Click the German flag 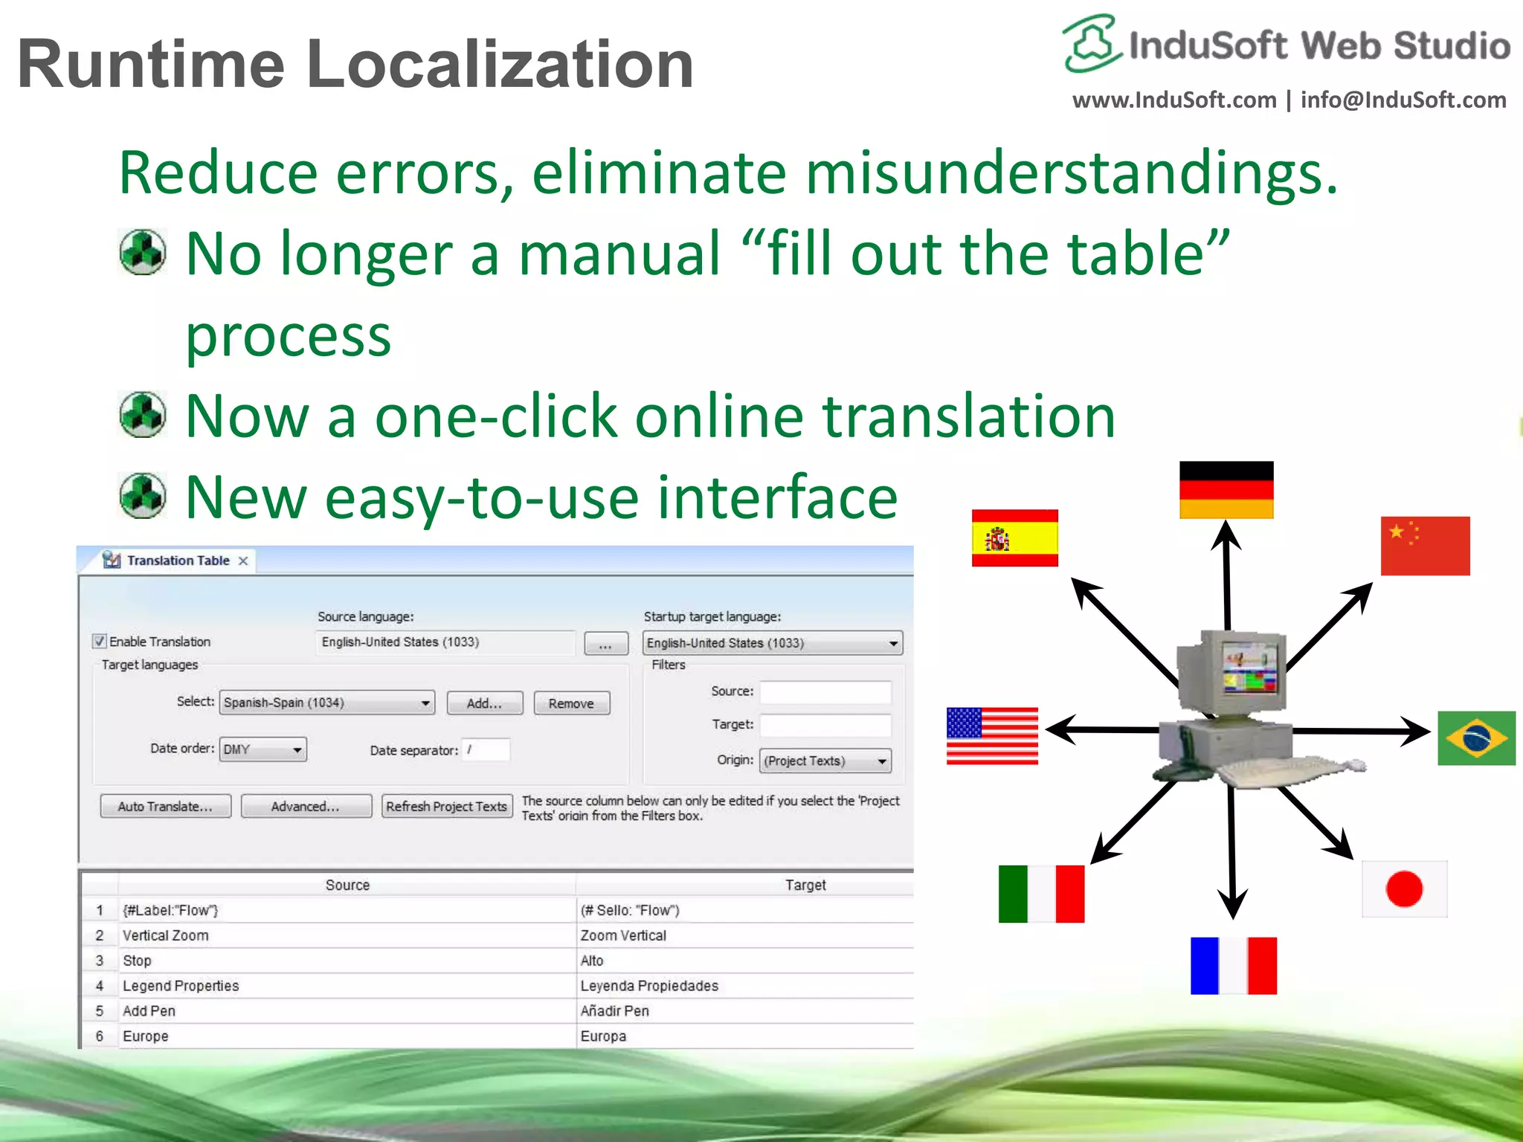click(x=1226, y=490)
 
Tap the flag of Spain click(x=1014, y=538)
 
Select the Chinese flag click(x=1425, y=546)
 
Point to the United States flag click(x=992, y=735)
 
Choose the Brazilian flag click(x=1476, y=738)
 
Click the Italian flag click(x=1041, y=893)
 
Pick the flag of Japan click(x=1404, y=889)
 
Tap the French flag click(x=1233, y=965)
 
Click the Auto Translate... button click(x=165, y=806)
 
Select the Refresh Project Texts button click(x=446, y=806)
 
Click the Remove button click(x=571, y=703)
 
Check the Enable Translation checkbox click(x=100, y=641)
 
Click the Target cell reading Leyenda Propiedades click(x=649, y=986)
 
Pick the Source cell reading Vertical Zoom click(x=166, y=935)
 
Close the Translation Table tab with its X click(x=243, y=561)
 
